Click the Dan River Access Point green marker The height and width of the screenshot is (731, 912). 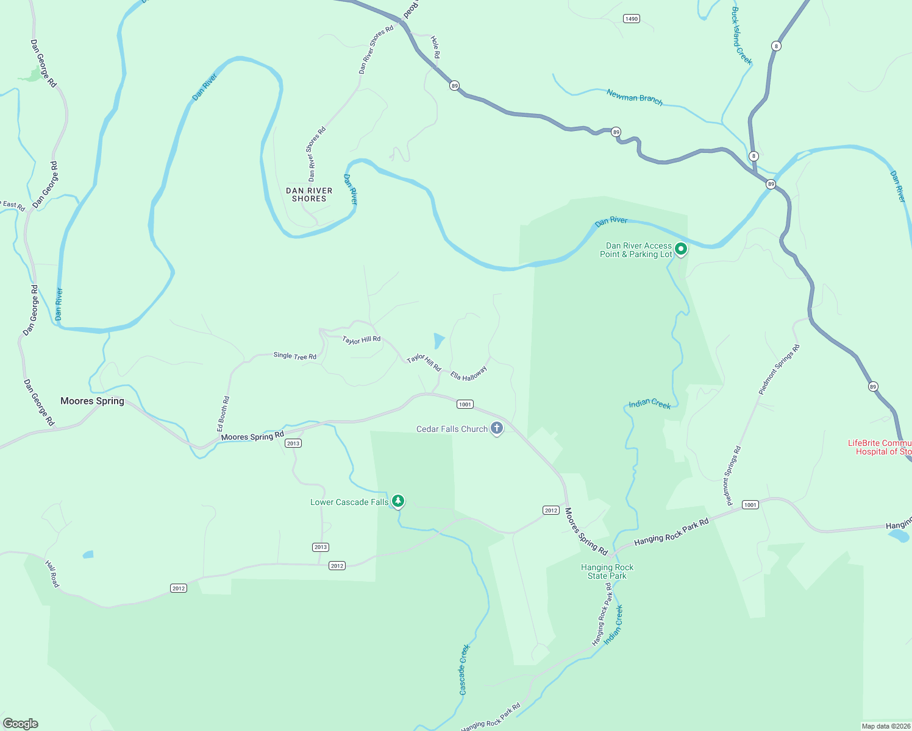(681, 249)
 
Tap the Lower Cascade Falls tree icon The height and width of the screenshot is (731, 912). (398, 501)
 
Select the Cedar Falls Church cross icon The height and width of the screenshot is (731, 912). (497, 428)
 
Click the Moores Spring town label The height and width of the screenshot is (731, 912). (92, 401)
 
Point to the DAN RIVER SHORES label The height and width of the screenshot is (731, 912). (309, 194)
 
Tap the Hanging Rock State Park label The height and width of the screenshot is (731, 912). (607, 571)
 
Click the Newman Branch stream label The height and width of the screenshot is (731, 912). (634, 97)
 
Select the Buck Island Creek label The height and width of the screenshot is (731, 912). (741, 36)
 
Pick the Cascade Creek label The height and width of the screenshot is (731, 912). (464, 669)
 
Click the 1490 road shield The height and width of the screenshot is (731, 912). (631, 19)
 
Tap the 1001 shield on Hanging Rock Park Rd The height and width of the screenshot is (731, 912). (750, 504)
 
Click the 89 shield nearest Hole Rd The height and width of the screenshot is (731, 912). (454, 86)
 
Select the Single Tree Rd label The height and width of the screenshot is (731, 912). (294, 356)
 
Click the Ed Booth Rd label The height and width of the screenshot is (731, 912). (223, 414)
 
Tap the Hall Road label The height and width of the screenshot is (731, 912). (53, 574)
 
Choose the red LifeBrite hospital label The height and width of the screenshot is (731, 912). (880, 447)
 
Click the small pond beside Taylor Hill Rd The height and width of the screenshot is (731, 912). (438, 340)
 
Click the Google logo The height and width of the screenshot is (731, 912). (20, 723)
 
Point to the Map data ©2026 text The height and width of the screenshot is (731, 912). (885, 726)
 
